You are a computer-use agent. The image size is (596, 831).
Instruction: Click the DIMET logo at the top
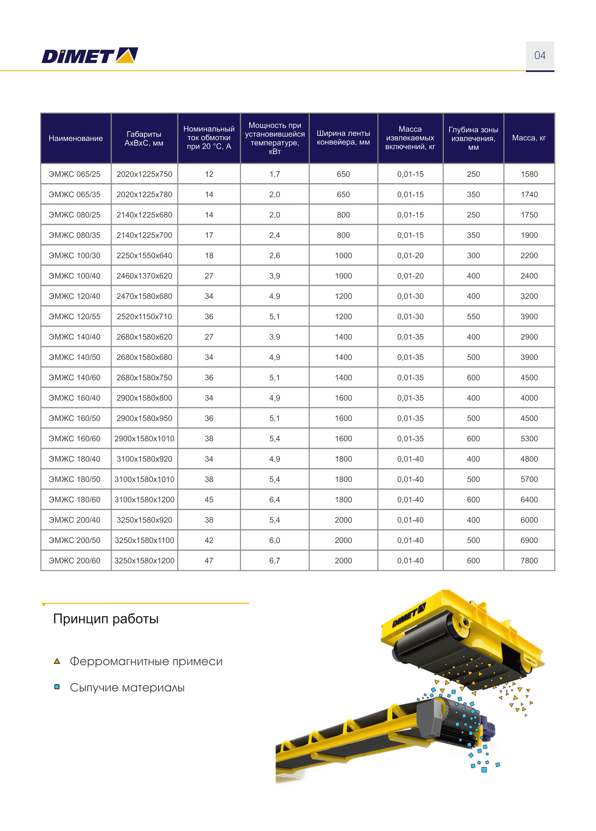click(90, 55)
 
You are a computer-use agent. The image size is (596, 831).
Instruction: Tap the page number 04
click(540, 55)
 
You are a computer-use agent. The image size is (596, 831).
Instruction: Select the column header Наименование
click(76, 138)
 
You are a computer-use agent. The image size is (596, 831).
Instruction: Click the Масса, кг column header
click(528, 138)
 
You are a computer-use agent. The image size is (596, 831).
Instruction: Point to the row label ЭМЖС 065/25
click(74, 174)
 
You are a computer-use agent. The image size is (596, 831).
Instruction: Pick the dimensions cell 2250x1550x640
click(144, 255)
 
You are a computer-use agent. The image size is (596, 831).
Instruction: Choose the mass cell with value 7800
click(529, 560)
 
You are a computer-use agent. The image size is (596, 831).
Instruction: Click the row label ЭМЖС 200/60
click(74, 560)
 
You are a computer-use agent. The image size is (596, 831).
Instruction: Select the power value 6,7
click(274, 560)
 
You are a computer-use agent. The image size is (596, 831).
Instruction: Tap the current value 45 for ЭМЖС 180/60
click(209, 499)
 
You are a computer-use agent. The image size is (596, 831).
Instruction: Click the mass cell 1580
click(529, 174)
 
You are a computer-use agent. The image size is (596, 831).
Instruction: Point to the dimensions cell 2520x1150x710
click(144, 316)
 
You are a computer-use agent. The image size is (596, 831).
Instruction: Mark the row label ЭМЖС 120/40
click(74, 296)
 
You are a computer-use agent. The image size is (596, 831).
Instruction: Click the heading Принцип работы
click(106, 619)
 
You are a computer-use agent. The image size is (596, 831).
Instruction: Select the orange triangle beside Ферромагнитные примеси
click(57, 661)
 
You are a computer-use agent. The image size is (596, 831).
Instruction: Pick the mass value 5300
click(529, 438)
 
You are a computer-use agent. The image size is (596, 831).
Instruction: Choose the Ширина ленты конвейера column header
click(343, 138)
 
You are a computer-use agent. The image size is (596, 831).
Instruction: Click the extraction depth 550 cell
click(473, 316)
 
